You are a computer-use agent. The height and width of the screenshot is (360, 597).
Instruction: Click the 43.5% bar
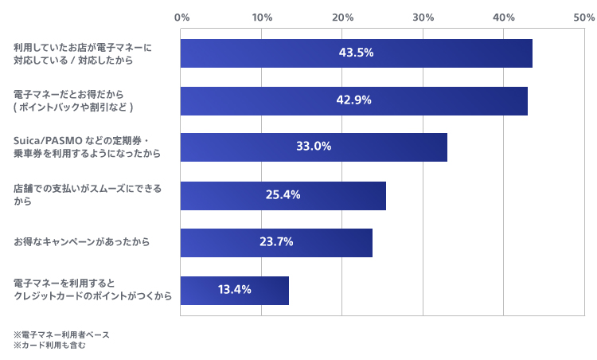356,53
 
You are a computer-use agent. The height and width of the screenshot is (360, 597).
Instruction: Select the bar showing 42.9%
353,100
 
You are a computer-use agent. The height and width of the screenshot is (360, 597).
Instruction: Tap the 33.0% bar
314,147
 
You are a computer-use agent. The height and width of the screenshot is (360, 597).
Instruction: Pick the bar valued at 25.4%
283,195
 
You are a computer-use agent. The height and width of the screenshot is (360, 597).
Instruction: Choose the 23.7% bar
276,242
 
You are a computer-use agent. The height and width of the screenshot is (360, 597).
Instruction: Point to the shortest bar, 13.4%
234,290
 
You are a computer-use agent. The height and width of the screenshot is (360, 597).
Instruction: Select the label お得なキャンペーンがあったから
81,242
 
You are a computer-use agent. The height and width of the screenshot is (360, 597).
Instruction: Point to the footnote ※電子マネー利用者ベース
61,335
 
